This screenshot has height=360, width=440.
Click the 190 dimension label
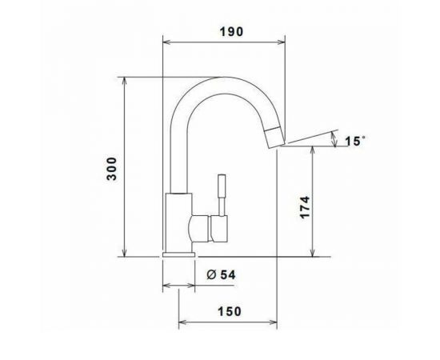(x=231, y=32)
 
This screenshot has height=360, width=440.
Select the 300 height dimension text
(x=112, y=169)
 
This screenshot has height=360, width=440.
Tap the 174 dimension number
(x=305, y=207)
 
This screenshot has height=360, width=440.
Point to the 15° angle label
(x=355, y=141)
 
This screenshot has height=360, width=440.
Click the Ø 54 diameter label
(x=221, y=274)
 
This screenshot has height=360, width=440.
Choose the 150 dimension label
(x=230, y=311)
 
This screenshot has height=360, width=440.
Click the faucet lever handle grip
(x=222, y=186)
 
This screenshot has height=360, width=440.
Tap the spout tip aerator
(x=275, y=138)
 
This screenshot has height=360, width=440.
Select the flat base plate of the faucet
(x=178, y=254)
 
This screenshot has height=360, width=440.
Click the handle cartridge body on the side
(x=219, y=229)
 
